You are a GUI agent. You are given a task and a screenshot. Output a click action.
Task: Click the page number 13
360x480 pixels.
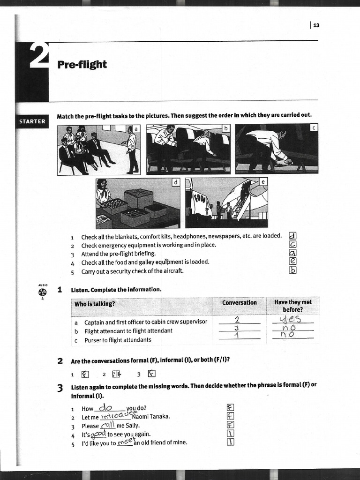tap(316, 25)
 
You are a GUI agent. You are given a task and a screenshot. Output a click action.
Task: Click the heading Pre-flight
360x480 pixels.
tap(82, 64)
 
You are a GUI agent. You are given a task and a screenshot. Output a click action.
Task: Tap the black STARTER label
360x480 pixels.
tap(32, 121)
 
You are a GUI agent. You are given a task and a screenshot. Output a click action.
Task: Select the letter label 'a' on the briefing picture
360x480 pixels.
tap(136, 128)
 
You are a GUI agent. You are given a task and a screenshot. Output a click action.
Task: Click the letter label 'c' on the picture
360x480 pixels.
tap(314, 127)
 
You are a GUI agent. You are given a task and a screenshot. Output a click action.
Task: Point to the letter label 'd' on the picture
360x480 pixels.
tap(175, 182)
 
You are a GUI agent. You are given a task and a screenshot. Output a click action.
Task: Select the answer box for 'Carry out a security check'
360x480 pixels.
tap(293, 270)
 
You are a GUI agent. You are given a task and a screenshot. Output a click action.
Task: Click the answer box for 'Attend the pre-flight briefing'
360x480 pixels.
tap(293, 253)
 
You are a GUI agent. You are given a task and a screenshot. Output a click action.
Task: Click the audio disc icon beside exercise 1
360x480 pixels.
tap(43, 292)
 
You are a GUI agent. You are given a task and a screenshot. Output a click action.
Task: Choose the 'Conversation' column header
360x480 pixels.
tap(239, 302)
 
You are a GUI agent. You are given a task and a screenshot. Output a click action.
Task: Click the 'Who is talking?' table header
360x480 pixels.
tap(95, 304)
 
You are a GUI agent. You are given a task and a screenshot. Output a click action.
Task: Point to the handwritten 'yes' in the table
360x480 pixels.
tap(290, 320)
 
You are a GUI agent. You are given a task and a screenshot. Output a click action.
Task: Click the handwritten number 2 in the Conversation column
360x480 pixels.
tap(237, 320)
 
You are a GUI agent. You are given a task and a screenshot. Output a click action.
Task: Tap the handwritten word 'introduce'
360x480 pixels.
tap(115, 415)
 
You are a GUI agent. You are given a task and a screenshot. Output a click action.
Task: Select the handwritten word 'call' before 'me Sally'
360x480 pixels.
tap(108, 425)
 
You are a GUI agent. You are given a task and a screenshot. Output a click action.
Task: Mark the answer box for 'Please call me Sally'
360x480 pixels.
tap(230, 425)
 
